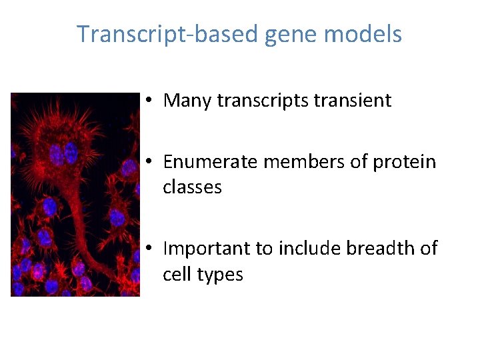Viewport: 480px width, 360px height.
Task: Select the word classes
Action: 193,187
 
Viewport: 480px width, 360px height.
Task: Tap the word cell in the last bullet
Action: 175,274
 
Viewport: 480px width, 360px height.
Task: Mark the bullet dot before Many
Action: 151,101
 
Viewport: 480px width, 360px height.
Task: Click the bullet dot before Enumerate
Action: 151,162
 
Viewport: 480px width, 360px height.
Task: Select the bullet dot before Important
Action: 151,249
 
